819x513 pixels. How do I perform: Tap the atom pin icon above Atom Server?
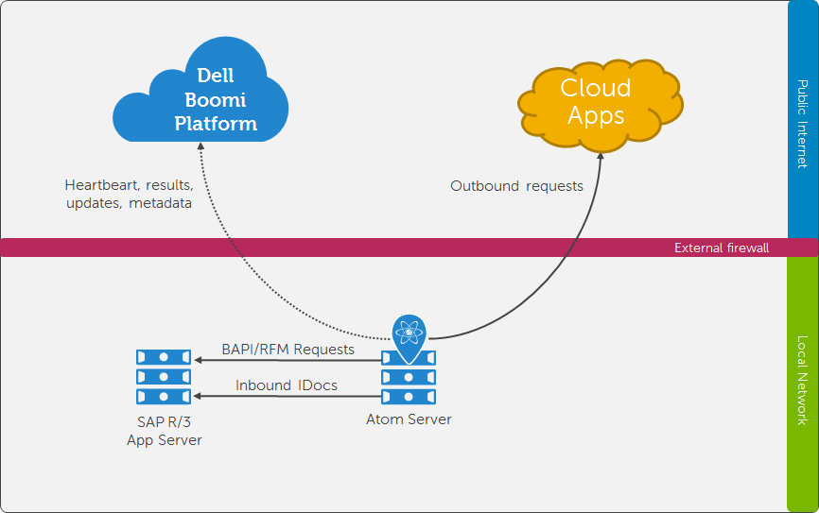[409, 333]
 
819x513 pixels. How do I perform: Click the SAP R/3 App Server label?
[164, 431]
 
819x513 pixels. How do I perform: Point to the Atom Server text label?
[409, 419]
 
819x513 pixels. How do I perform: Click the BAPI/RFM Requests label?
[288, 349]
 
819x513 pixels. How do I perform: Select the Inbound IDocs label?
[287, 385]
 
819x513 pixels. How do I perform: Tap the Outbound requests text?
[516, 185]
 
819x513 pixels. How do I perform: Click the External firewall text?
[721, 248]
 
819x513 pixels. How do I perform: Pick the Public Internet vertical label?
[802, 123]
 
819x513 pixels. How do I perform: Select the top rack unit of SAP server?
[164, 358]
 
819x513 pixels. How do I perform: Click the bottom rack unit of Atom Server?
[409, 396]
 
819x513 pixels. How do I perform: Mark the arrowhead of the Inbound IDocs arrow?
[197, 396]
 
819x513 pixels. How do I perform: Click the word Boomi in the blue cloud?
[216, 99]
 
